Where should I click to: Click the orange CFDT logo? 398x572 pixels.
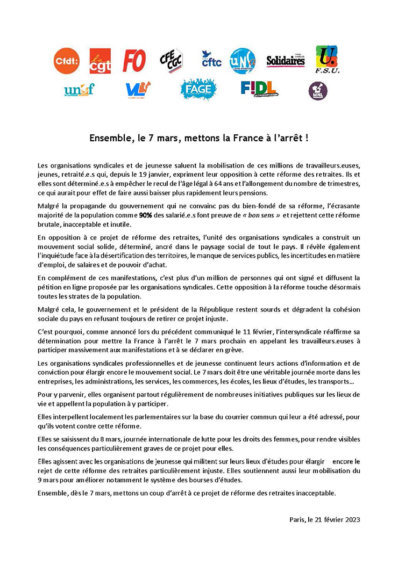pos(67,61)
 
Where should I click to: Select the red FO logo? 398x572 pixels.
pos(134,61)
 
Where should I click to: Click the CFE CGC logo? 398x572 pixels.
pos(172,61)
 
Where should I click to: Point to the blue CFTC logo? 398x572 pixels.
pos(211,60)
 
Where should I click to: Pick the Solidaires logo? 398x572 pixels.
pos(286,61)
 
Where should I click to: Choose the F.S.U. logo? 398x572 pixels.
pos(326,60)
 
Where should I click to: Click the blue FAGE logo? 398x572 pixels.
pos(198,89)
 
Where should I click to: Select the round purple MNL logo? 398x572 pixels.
pos(318,90)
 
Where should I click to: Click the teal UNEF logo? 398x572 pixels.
pos(79,89)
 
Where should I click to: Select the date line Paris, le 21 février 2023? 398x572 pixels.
pos(324,519)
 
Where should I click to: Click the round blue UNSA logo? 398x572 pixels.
pos(243,61)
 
